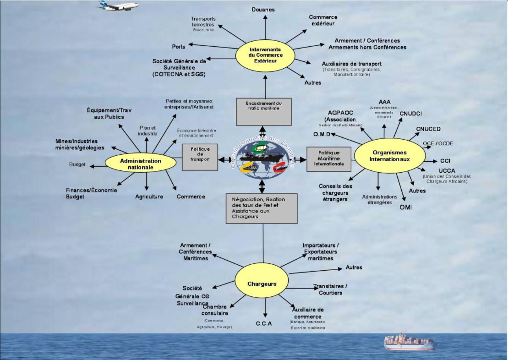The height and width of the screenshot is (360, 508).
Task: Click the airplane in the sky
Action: pos(118,5)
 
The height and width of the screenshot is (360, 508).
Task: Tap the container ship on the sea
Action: pos(410,342)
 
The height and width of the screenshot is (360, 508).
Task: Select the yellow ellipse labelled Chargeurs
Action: pos(262,284)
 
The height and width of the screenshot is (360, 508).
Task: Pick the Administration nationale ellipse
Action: pos(141,164)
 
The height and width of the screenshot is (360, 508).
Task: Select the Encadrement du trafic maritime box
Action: pos(263,111)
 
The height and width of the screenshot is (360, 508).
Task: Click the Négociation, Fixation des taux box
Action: pos(262,208)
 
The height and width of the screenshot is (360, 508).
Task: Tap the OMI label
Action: pos(405,207)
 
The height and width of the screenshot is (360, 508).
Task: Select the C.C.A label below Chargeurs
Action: pos(263,324)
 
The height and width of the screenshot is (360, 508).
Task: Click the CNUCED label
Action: pos(428,129)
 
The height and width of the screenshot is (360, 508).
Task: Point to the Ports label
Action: pos(179,47)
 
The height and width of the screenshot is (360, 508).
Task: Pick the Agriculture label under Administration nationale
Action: pos(149,196)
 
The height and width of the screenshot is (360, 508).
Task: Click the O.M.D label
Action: pos(322,134)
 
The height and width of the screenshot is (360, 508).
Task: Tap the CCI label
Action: pos(445,161)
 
